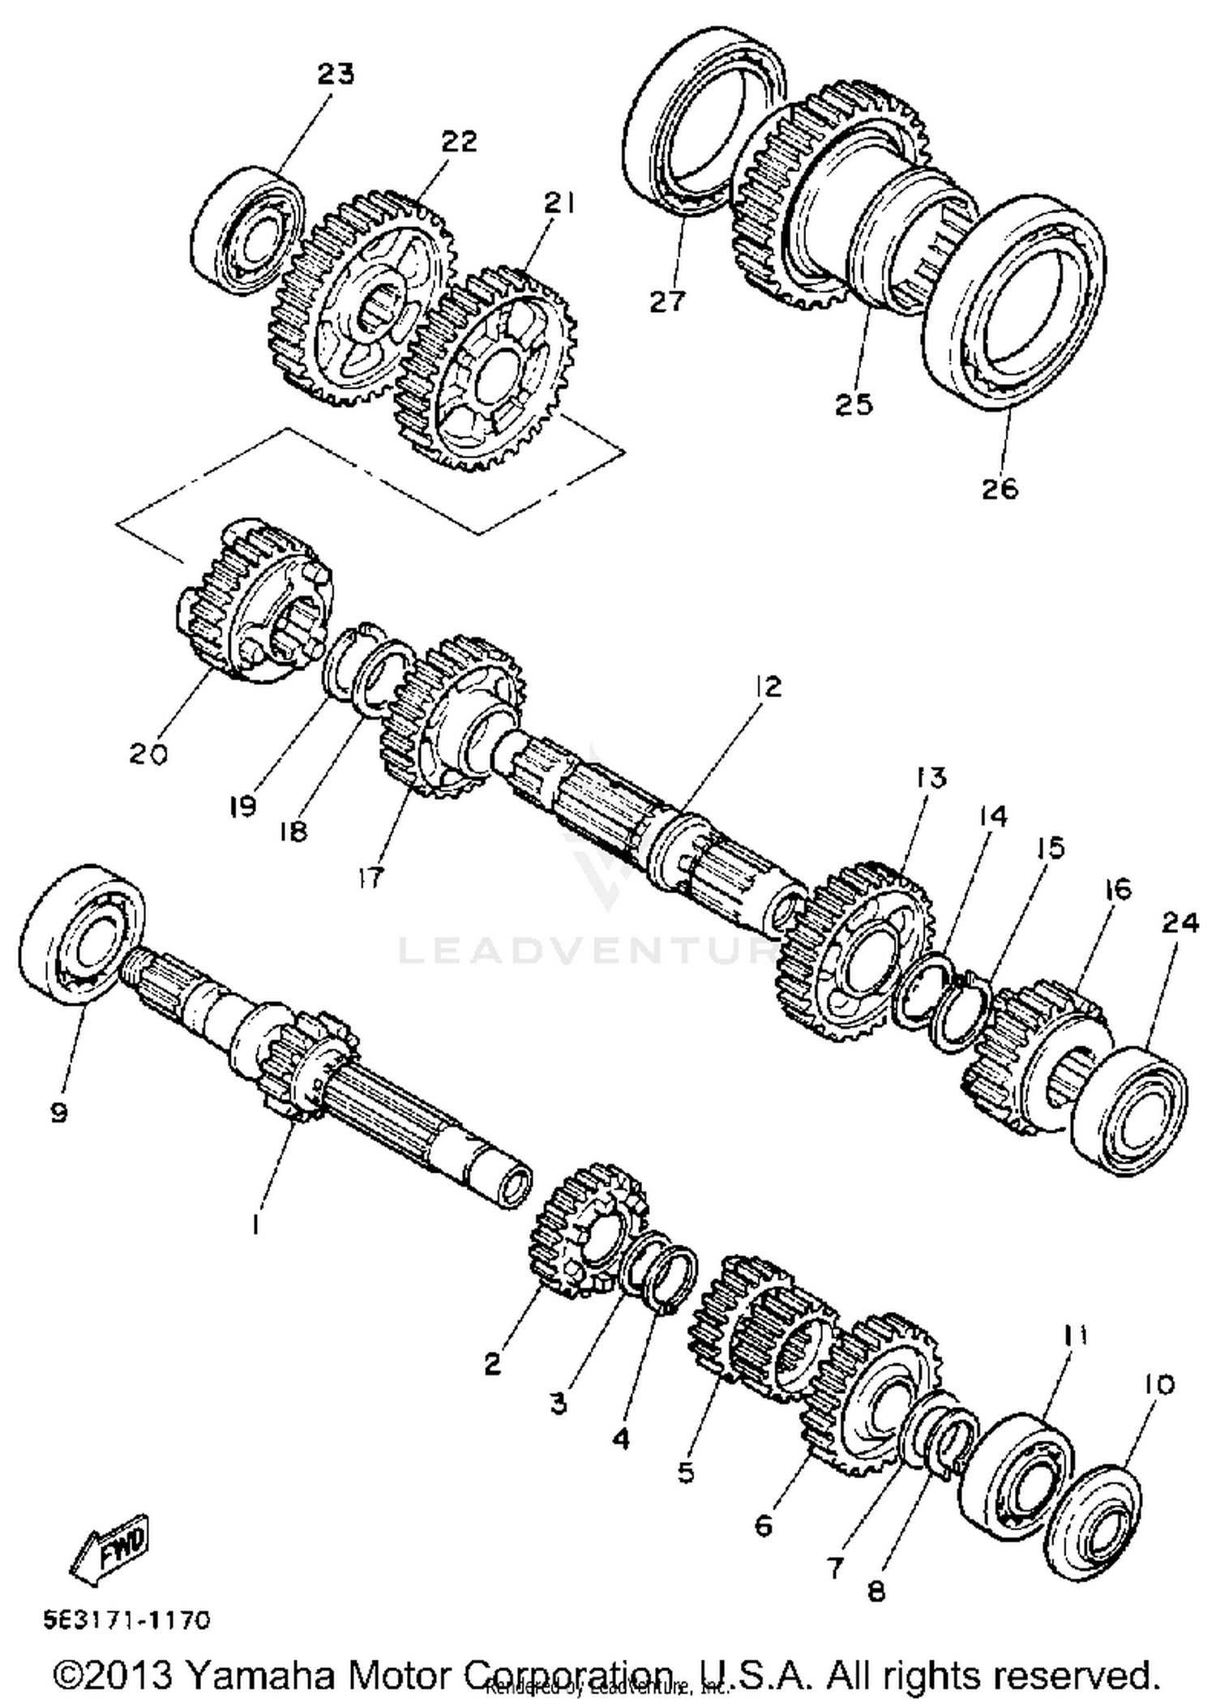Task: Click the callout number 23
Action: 336,75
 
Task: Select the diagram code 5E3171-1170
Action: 127,1620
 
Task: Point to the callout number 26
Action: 1000,489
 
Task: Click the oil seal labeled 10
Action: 1092,1522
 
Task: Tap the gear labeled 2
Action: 586,1232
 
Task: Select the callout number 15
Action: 1051,849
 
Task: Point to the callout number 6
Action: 764,1526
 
